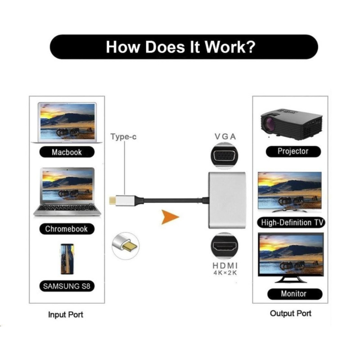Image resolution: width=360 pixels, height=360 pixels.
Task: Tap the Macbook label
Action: point(67,152)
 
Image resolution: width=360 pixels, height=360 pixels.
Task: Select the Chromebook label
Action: point(67,229)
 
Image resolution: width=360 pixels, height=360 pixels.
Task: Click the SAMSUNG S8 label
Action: point(67,286)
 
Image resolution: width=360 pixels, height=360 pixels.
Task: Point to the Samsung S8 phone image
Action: point(67,260)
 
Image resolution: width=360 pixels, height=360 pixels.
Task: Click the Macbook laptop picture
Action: point(67,122)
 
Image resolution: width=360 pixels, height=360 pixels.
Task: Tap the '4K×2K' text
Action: point(225,273)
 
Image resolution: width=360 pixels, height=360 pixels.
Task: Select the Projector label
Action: point(293,151)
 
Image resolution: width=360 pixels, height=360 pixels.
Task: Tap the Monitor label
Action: point(294,294)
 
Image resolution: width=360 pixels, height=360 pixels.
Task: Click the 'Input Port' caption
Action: point(66,315)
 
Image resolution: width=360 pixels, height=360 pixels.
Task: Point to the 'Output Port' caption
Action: point(291,313)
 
